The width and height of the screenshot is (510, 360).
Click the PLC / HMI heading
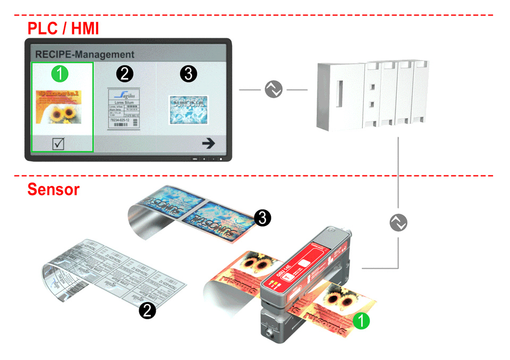tap(63, 28)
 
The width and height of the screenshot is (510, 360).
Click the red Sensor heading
tap(53, 189)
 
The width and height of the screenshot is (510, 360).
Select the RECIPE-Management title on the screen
tap(84, 54)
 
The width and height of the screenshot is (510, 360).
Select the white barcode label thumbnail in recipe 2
tap(124, 108)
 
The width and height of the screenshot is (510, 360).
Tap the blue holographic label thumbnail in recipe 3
tap(189, 110)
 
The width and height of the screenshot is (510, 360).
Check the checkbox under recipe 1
tap(59, 143)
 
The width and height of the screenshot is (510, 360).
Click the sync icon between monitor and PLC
tap(274, 90)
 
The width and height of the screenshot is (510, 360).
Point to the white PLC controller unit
tap(372, 96)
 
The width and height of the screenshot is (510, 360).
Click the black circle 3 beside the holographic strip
tap(261, 216)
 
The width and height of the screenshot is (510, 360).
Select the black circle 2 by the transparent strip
tap(147, 310)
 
